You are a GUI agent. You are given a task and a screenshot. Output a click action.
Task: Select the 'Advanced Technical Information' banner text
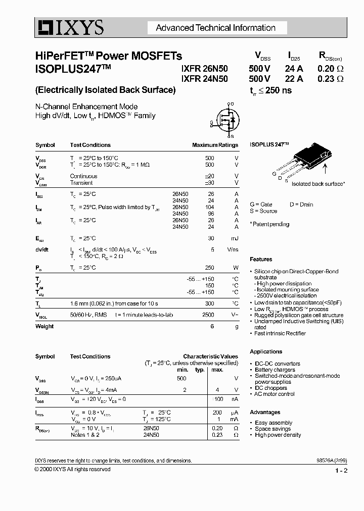(x=215, y=28)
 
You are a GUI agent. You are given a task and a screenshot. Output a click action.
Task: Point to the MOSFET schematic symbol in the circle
(x=225, y=120)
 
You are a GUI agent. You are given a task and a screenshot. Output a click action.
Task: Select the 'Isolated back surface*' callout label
(x=318, y=184)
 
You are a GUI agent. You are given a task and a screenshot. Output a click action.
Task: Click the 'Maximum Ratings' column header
(x=215, y=145)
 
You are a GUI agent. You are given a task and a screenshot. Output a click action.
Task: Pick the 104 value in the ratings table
(x=209, y=207)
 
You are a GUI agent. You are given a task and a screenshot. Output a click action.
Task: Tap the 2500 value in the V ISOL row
(x=208, y=314)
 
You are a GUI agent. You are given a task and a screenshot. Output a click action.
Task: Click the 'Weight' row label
(x=44, y=326)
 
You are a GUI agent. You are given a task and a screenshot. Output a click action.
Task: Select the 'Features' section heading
(x=261, y=260)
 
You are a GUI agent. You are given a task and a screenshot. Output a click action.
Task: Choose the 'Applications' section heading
(x=266, y=351)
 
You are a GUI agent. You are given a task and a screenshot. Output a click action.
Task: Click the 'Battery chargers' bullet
(x=278, y=370)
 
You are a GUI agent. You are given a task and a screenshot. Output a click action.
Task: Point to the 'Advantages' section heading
(x=265, y=412)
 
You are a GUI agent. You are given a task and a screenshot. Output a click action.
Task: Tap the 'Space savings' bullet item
(x=273, y=429)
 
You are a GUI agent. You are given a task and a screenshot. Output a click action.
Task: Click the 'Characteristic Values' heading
(x=210, y=356)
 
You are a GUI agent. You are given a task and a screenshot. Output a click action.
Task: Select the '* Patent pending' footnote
(x=269, y=224)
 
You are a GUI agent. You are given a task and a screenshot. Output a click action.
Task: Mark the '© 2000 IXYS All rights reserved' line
(x=72, y=469)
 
